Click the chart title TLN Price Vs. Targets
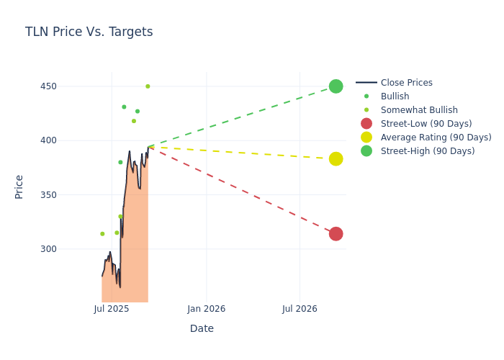89,32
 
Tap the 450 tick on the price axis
68,86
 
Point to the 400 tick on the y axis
68,140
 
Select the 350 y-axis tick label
68,194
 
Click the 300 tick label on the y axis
68,249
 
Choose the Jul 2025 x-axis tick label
112,309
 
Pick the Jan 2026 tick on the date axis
206,309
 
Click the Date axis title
202,328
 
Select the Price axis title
19,186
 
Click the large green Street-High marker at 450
336,86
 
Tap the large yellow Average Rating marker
336,159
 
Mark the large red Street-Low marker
336,234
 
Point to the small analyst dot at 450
148,86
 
